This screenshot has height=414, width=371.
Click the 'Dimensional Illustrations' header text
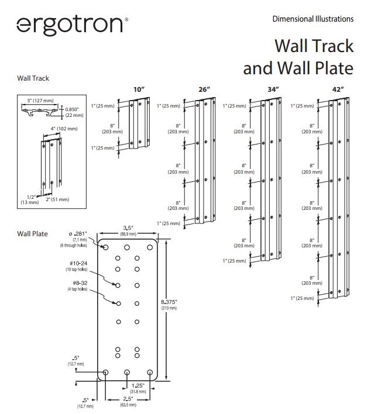[312, 19]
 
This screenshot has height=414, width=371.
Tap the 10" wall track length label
[138, 89]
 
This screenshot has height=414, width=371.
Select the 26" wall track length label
[204, 89]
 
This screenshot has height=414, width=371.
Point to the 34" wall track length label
[273, 89]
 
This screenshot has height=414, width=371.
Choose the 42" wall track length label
[338, 89]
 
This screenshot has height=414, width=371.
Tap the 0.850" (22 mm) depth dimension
[74, 112]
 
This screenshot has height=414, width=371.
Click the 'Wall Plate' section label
[33, 233]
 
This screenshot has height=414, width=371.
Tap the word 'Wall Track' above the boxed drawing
[33, 78]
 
